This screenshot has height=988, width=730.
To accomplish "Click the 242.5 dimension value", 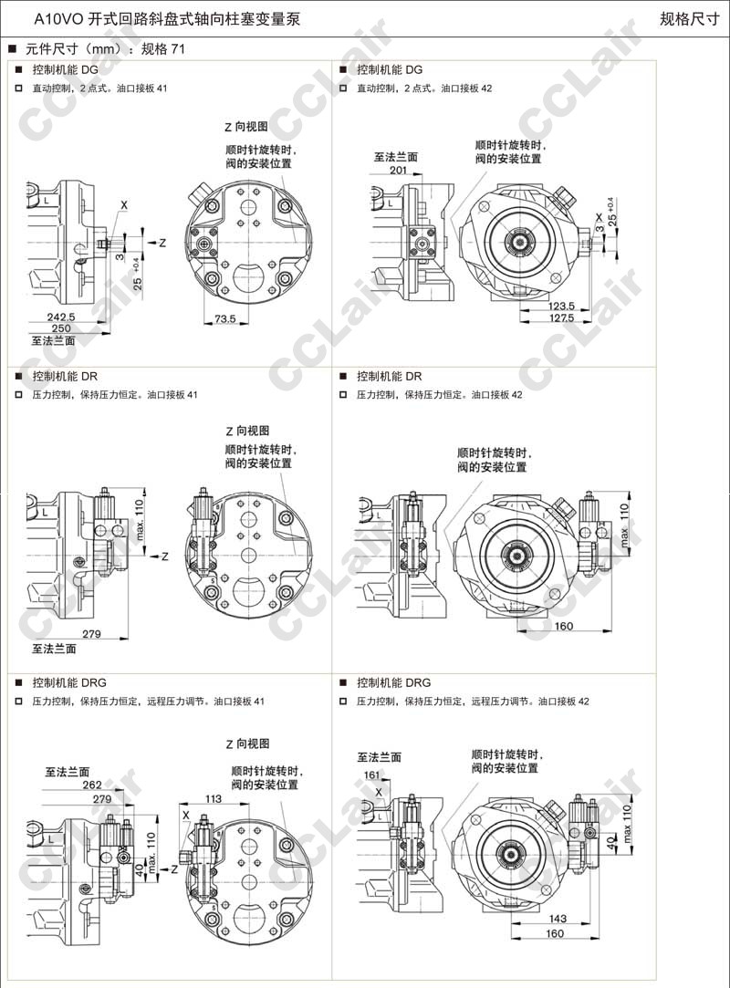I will (x=60, y=316).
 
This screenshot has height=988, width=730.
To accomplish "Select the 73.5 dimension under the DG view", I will (x=225, y=319).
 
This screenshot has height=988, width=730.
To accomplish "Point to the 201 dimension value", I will (x=398, y=170).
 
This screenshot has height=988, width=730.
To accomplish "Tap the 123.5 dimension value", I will (x=560, y=307).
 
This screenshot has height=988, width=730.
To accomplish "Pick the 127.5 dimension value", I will (x=560, y=318).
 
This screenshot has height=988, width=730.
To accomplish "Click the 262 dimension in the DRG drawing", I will (x=92, y=785).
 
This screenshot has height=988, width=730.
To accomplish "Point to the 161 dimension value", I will (x=372, y=775).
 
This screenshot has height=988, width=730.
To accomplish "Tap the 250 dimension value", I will (x=60, y=328).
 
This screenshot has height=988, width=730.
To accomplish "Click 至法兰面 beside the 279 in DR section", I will (x=54, y=649).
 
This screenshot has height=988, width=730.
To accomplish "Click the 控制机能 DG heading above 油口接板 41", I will (x=66, y=69).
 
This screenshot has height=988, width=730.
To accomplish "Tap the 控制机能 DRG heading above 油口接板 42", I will (x=393, y=682).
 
